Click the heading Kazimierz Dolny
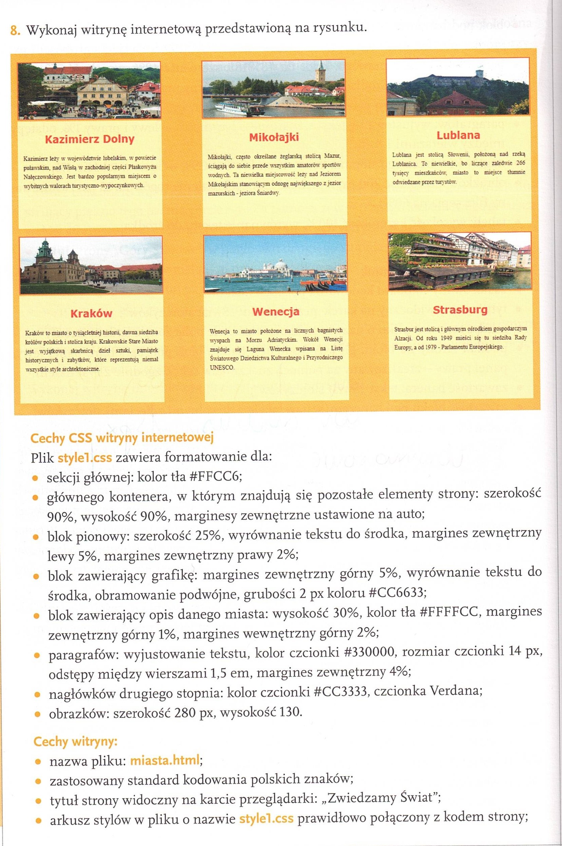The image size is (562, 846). (90, 139)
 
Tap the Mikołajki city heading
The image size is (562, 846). (274, 137)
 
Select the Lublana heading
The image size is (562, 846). (458, 135)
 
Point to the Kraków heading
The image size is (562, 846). (91, 313)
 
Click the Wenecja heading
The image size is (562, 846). (275, 312)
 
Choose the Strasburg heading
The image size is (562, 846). (460, 310)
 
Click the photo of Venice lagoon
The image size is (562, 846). (275, 263)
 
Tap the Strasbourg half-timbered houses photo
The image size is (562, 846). (460, 261)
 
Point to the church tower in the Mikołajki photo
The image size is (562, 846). (321, 72)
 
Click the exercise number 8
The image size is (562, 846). (14, 31)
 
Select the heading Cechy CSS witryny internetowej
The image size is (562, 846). (122, 438)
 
